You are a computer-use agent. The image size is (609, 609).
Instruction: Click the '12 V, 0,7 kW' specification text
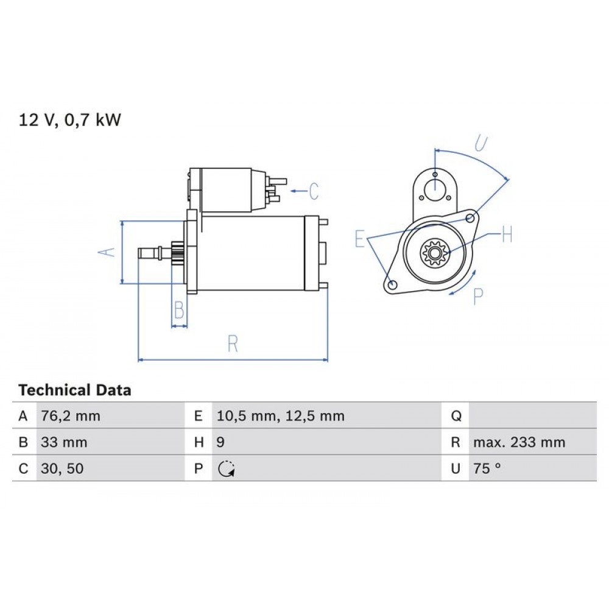coord(70,120)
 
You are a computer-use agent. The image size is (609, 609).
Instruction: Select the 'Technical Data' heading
coord(74,390)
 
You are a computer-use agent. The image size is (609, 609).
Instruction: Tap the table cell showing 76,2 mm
coord(70,417)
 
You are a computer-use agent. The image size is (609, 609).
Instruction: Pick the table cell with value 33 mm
coord(64,443)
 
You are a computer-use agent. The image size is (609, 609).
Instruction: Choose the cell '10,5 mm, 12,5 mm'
coord(281,417)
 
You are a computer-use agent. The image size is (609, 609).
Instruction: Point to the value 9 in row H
coord(220,443)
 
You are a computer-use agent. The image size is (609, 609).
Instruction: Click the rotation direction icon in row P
coord(226,469)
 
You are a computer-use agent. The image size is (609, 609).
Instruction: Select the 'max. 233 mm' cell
coord(519,443)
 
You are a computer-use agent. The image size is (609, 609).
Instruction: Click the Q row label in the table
coord(456,417)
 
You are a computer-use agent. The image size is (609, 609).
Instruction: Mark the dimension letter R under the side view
coord(232,344)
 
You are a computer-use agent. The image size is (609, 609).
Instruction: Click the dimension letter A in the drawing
coord(107,252)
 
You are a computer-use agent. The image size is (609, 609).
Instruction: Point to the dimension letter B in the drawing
coord(178,311)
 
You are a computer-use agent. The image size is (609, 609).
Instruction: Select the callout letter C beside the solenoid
coord(314,191)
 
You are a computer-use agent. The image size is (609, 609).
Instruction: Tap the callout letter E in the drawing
coord(361,239)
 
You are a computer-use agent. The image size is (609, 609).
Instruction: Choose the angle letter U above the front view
coord(481,144)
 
